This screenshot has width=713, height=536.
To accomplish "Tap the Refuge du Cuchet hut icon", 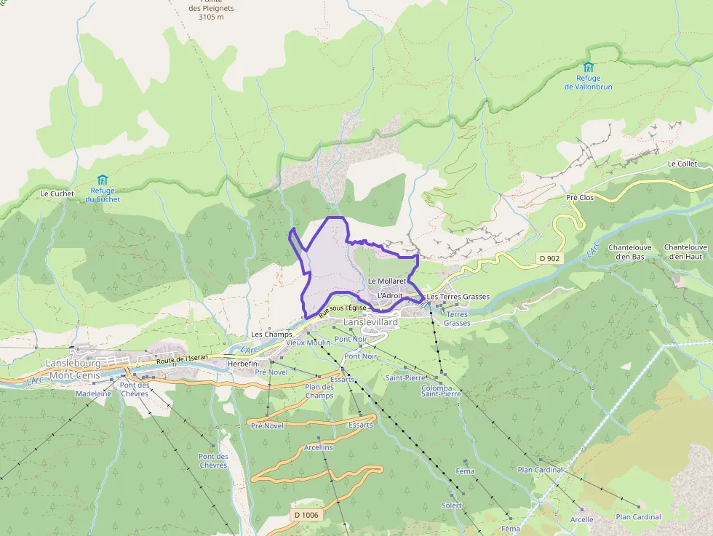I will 103,180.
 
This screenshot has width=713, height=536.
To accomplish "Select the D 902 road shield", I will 549,258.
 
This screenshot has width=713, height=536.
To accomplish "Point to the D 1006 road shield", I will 306,515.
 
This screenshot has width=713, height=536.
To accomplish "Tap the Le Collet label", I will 682,164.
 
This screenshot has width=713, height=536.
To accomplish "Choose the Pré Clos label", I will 580,198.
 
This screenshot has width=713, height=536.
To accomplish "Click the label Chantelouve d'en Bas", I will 630,252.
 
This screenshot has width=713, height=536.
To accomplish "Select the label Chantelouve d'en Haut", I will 688,252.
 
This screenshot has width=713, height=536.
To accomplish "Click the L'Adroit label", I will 389,296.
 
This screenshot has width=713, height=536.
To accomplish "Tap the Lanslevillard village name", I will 370,321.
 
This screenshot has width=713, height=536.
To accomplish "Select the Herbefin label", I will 243,364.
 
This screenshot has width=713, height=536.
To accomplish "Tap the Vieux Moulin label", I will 308,342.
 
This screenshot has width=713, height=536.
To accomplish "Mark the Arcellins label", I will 319,447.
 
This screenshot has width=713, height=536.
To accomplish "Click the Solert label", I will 451,505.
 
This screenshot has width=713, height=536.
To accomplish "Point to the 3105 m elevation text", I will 206,17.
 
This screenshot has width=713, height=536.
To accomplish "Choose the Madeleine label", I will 94,393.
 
